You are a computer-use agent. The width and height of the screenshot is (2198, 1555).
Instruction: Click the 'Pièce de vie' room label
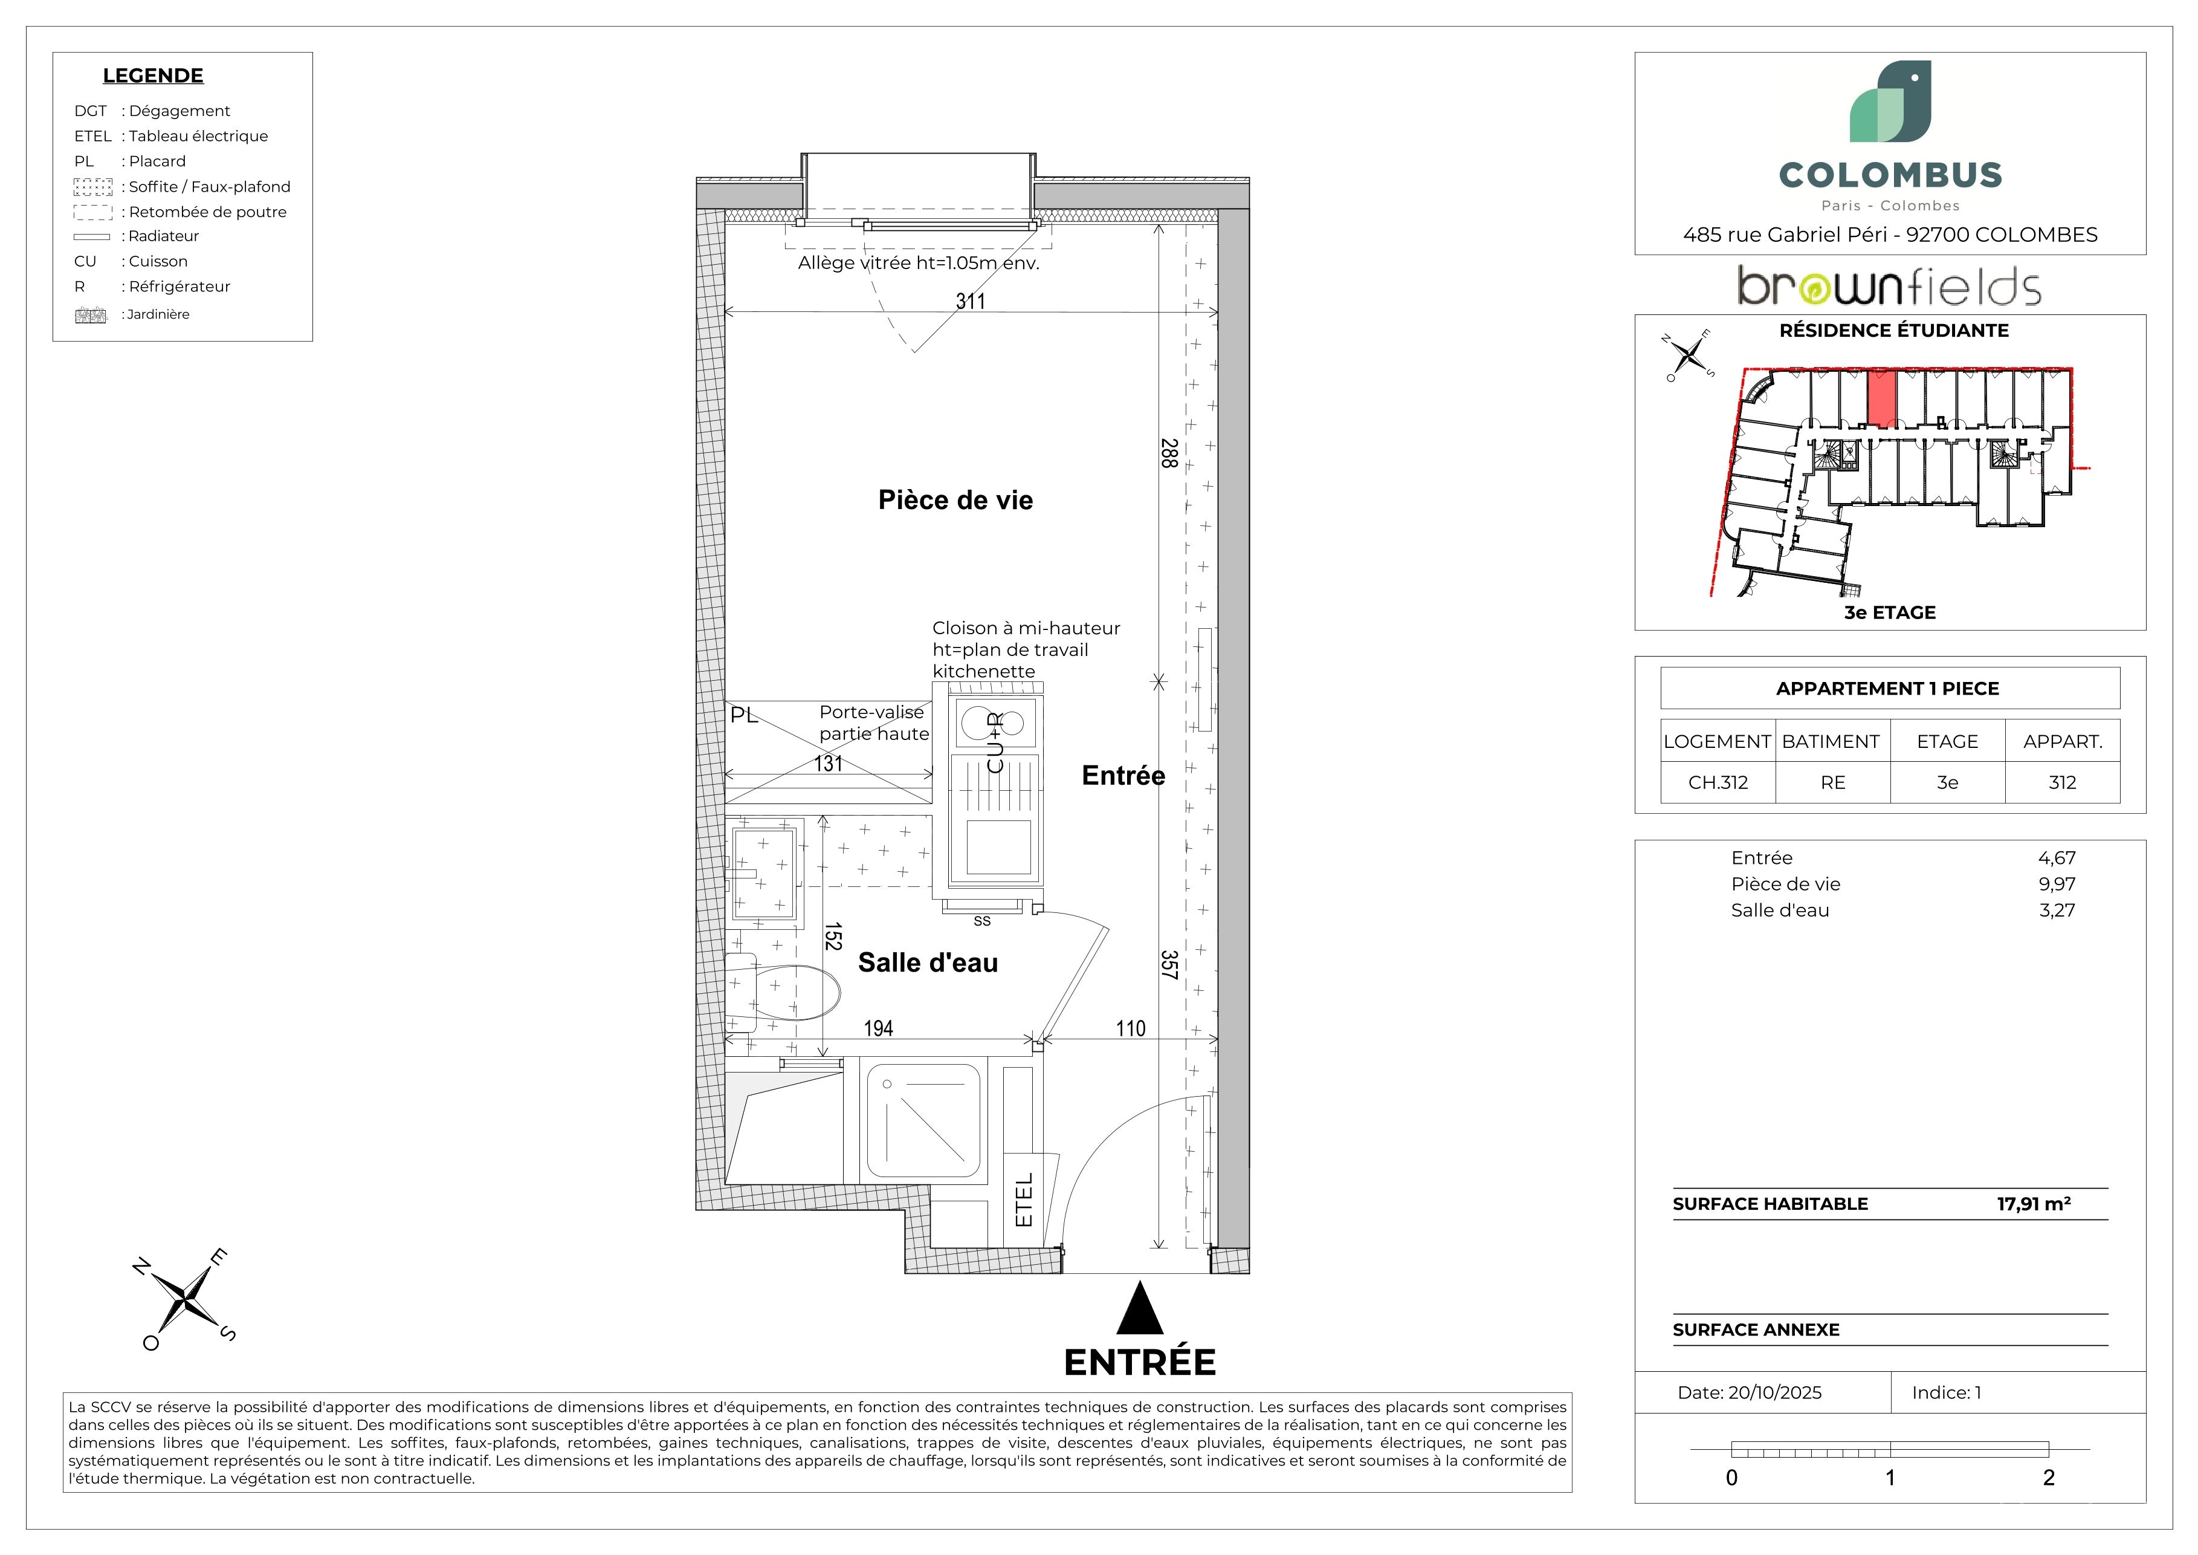pyautogui.click(x=955, y=500)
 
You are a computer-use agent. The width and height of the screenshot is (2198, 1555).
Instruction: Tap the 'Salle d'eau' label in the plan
pyautogui.click(x=928, y=963)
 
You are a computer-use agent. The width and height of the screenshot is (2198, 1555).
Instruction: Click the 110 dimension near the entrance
pyautogui.click(x=1131, y=1028)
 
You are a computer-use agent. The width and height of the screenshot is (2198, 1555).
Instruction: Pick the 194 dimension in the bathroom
pyautogui.click(x=878, y=1028)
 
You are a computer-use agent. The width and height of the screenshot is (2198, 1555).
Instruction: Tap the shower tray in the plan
pyautogui.click(x=924, y=1120)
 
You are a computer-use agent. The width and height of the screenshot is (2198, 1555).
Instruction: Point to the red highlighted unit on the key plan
pyautogui.click(x=1881, y=398)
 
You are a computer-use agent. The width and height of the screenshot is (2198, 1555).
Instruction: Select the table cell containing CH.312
pyautogui.click(x=1718, y=782)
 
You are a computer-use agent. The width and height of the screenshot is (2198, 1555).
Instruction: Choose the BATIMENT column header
pyautogui.click(x=1831, y=742)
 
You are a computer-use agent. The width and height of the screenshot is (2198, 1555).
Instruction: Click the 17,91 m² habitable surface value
pyautogui.click(x=2034, y=1204)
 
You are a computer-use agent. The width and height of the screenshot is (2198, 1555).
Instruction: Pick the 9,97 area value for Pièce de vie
pyautogui.click(x=2057, y=885)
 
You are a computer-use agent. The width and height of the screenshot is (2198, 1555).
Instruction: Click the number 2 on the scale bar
pyautogui.click(x=2049, y=1478)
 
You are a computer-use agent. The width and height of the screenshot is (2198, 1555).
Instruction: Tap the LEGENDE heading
pyautogui.click(x=153, y=76)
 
